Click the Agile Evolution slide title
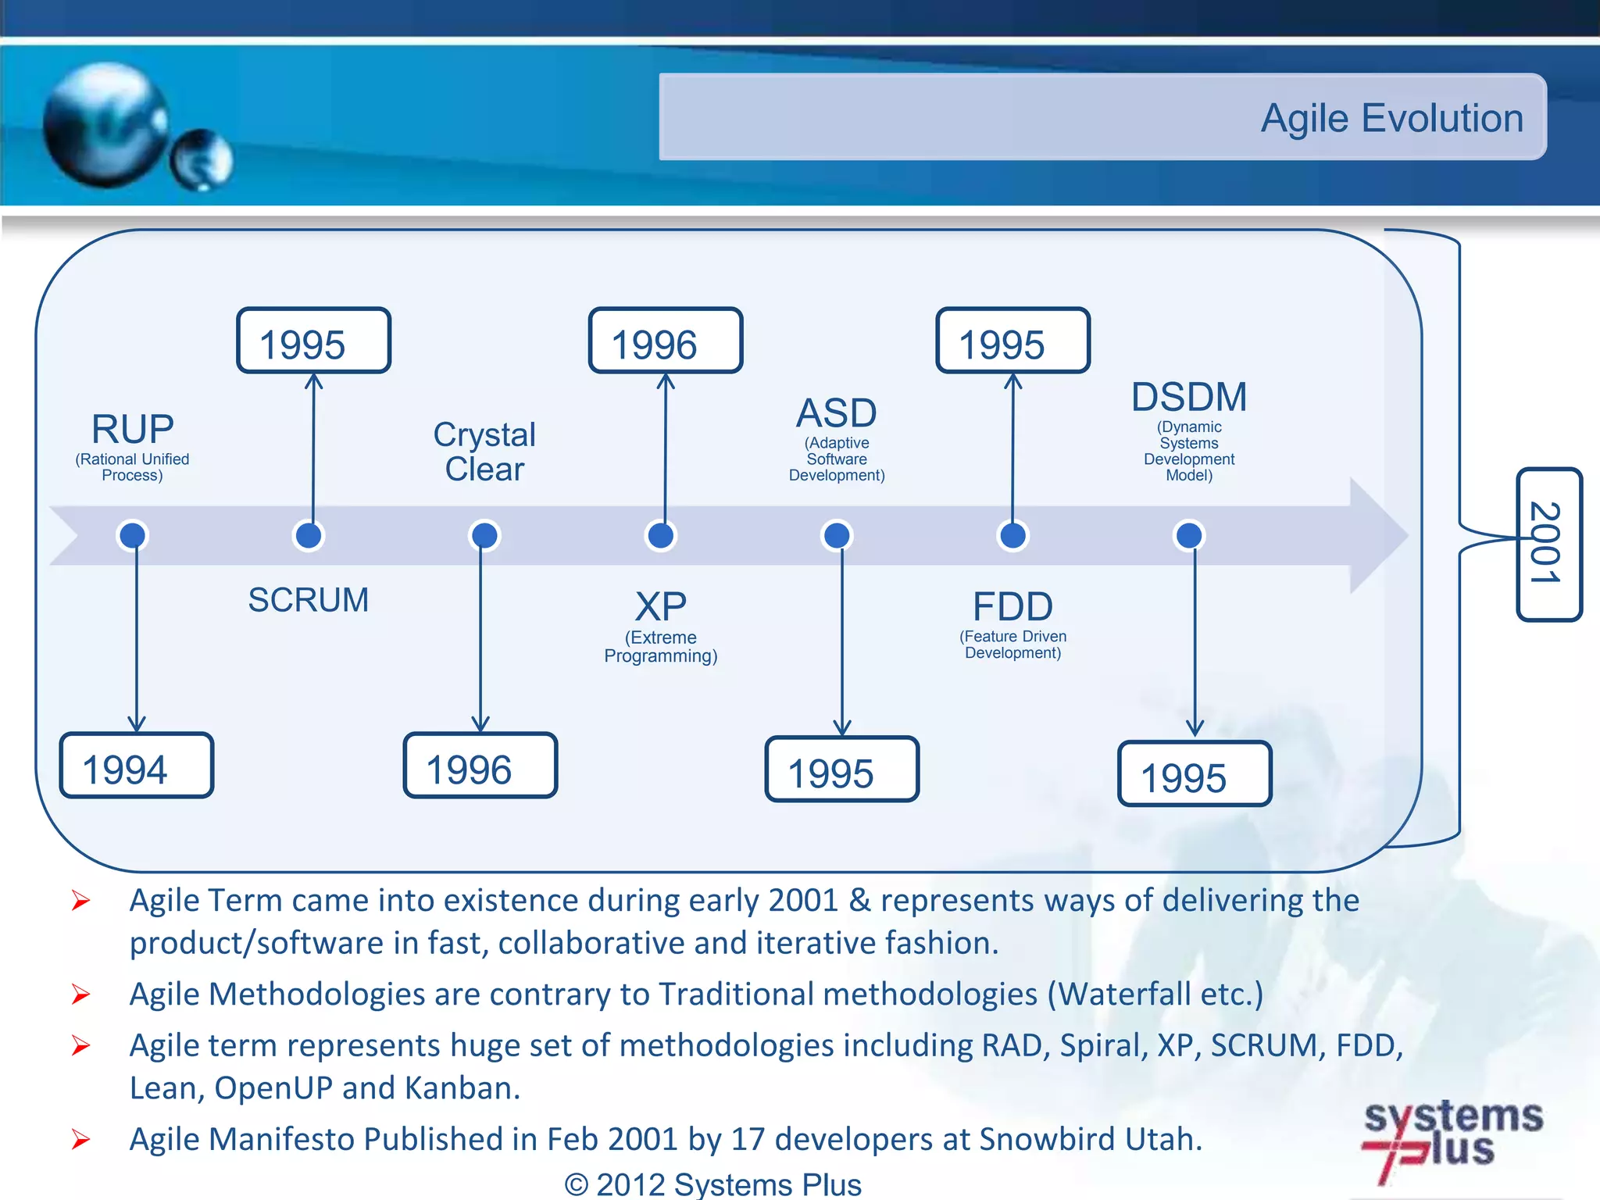pos(1391,119)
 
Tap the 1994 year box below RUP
pos(136,766)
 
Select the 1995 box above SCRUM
pos(313,341)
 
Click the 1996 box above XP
pos(665,341)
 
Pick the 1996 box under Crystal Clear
pos(480,766)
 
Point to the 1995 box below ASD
pos(841,770)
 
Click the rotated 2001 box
pos(1548,545)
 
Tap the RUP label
pos(132,429)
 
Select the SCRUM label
pos(308,600)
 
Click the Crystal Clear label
pos(484,452)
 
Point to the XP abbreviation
pos(661,606)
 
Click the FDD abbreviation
pos(1012,606)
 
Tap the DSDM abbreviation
pos(1188,397)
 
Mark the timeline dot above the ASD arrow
pos(837,536)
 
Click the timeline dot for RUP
pos(132,536)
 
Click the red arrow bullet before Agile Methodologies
pos(80,995)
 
